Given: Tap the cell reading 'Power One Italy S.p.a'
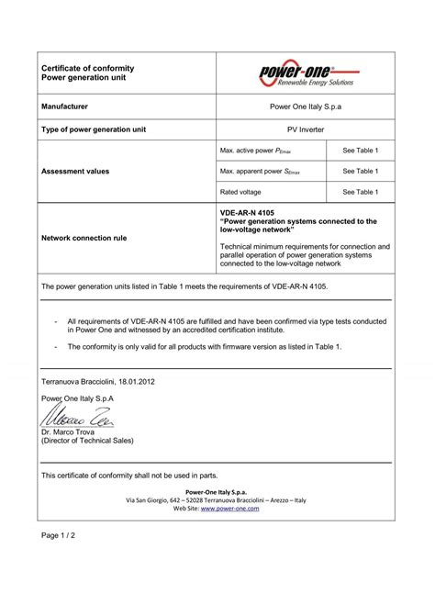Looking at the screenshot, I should coord(306,107).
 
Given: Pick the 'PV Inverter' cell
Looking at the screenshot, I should coord(306,130).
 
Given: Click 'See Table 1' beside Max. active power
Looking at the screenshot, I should coord(361,150).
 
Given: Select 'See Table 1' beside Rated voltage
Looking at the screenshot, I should coord(361,192).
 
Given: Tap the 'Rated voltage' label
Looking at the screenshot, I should coord(241,192).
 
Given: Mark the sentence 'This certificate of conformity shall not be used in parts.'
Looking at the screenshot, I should coord(130,475).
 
